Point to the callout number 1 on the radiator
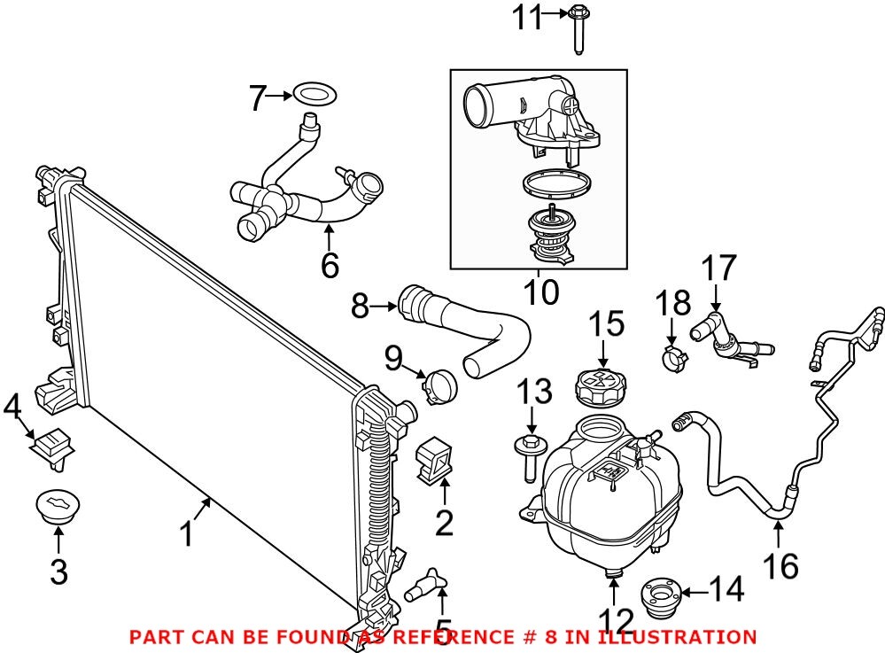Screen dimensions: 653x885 186,533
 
